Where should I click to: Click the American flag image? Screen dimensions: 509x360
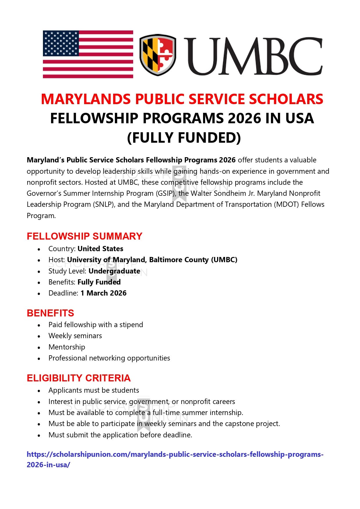[x=88, y=54]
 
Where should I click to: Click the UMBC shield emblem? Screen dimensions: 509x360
[x=158, y=55]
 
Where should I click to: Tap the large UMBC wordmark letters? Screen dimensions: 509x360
[x=253, y=56]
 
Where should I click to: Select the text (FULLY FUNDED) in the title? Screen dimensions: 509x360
[x=184, y=137]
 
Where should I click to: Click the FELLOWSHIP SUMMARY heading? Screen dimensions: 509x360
[x=84, y=236]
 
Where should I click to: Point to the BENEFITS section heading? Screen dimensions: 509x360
[x=50, y=313]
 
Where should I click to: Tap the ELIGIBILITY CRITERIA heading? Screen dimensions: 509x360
[x=79, y=378]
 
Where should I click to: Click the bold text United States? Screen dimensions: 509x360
[x=100, y=249]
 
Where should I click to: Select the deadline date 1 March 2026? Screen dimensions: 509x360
[x=103, y=293]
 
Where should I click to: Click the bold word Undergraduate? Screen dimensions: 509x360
[x=114, y=271]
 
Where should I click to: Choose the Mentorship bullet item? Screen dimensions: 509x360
[x=67, y=347]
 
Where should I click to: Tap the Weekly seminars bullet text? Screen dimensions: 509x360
[x=75, y=336]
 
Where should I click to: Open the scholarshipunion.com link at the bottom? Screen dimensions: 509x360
[x=175, y=454]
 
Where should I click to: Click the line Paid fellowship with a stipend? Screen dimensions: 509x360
[x=96, y=325]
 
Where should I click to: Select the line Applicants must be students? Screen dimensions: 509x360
[x=94, y=390]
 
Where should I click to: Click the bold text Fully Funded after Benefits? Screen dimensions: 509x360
[x=99, y=282]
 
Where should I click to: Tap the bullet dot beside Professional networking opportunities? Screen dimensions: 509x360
[x=39, y=359]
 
